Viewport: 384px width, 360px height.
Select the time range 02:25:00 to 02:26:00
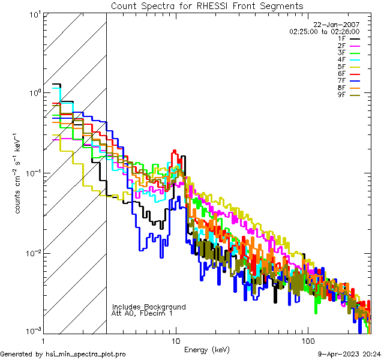click(x=324, y=31)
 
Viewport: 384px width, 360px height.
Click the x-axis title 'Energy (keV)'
click(x=206, y=349)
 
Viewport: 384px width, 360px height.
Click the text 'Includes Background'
click(x=148, y=307)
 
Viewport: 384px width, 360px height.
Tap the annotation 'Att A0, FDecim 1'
click(x=142, y=313)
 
